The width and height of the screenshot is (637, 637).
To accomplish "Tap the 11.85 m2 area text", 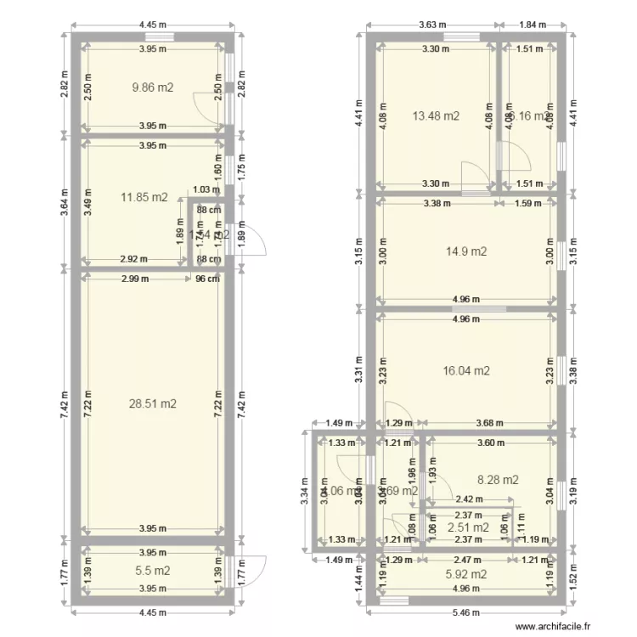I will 144,198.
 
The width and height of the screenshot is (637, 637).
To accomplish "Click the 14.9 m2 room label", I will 466,251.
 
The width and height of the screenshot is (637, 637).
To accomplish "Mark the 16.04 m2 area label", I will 466,370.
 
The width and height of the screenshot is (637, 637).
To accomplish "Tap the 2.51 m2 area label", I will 468,527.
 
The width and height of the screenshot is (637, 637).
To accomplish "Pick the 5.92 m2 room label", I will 465,574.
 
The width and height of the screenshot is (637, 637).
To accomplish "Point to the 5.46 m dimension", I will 465,612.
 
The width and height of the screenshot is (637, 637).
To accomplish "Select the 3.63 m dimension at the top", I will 432,25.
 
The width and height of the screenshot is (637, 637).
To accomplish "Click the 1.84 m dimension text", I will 533,25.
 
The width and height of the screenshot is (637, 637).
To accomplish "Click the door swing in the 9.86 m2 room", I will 207,106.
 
